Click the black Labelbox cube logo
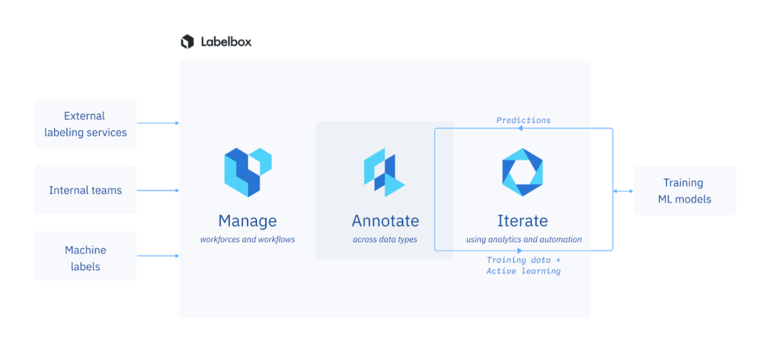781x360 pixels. [x=187, y=42]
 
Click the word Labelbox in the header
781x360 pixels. [x=226, y=42]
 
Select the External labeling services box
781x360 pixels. [x=85, y=124]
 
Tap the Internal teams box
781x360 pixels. [x=85, y=190]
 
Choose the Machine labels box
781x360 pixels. [x=85, y=256]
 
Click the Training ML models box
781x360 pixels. [x=685, y=190]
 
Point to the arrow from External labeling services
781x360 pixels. [x=158, y=123]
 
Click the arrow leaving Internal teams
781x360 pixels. [x=158, y=190]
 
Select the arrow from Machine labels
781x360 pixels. [x=158, y=256]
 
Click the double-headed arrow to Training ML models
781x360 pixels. [x=623, y=191]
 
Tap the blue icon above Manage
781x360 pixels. [x=248, y=172]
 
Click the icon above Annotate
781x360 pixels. [x=384, y=172]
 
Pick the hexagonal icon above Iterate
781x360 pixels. [x=522, y=172]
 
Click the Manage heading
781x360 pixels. [x=247, y=221]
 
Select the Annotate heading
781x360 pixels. [x=385, y=221]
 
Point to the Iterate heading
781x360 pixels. [x=522, y=221]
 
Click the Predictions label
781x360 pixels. [x=523, y=120]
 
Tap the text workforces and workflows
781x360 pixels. [x=247, y=239]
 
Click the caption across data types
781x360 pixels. [x=385, y=239]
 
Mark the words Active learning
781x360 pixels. [x=523, y=271]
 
